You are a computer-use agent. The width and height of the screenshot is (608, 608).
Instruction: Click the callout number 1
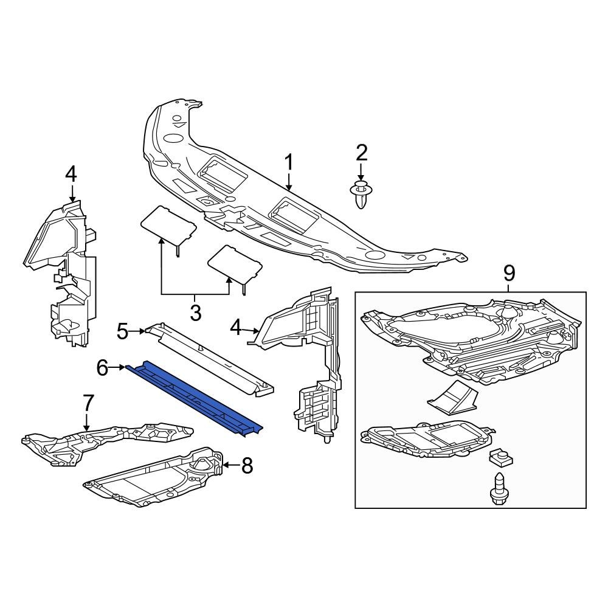(x=289, y=162)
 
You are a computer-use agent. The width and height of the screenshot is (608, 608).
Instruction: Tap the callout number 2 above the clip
(x=361, y=153)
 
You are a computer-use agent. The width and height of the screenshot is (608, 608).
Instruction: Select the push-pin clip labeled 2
(x=361, y=194)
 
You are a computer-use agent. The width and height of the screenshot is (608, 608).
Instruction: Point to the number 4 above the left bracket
(x=71, y=174)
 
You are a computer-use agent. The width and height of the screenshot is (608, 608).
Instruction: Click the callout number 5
(x=122, y=331)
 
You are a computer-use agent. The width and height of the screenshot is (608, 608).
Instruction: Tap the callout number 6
(x=102, y=367)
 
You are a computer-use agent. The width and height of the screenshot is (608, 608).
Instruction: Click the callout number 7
(x=88, y=402)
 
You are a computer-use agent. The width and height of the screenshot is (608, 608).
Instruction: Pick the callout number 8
(x=246, y=466)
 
